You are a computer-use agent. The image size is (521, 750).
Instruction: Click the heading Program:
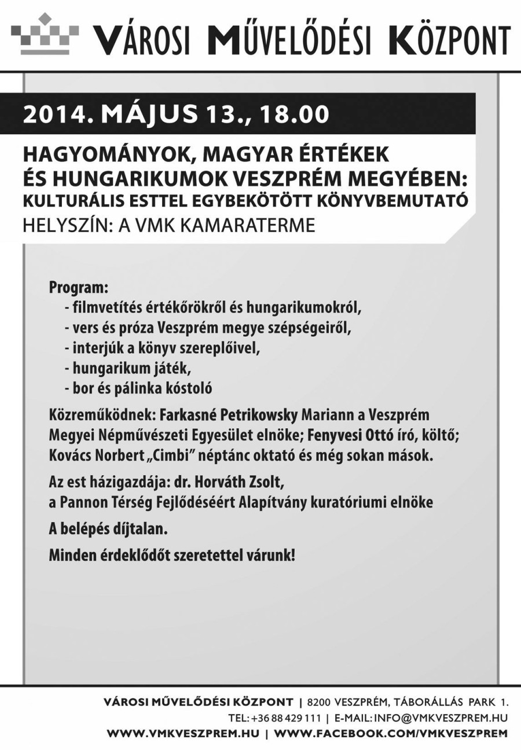[79, 288]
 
